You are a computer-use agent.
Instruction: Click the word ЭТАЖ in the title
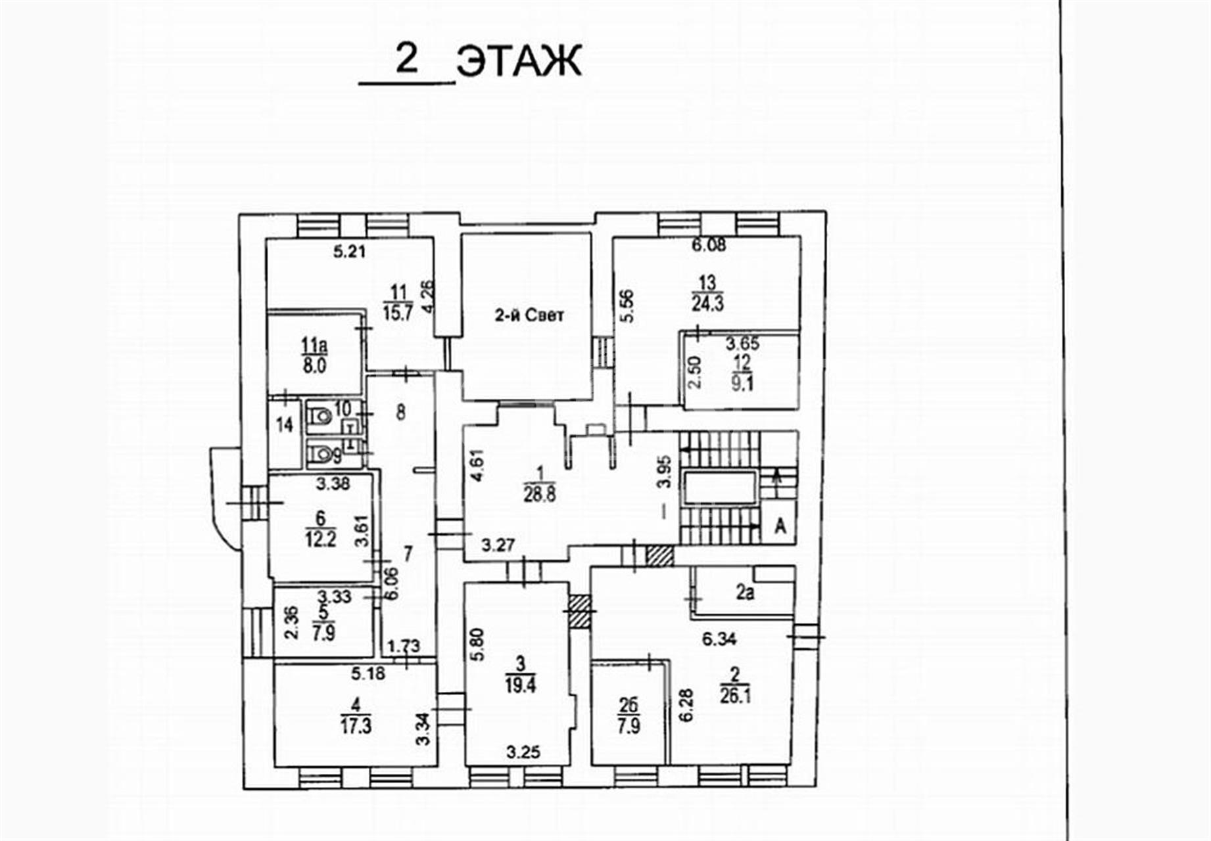[x=519, y=61]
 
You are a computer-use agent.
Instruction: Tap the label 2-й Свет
[x=529, y=315]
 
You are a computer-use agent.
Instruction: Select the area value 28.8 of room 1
[x=540, y=494]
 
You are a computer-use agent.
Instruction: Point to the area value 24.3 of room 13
[x=707, y=303]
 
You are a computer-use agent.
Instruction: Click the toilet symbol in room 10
[x=319, y=416]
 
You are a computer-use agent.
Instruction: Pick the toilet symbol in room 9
[x=319, y=453]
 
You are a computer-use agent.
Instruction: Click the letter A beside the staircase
[x=780, y=526]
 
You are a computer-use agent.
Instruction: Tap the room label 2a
[x=745, y=594]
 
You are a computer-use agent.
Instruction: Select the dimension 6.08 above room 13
[x=709, y=246]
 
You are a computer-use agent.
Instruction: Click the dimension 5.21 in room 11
[x=350, y=251]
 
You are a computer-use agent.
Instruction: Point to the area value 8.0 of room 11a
[x=314, y=365]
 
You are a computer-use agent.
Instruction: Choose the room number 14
[x=285, y=425]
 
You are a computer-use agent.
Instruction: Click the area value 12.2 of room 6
[x=320, y=539]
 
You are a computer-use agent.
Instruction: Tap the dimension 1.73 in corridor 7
[x=404, y=646]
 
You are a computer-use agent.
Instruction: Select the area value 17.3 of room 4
[x=356, y=726]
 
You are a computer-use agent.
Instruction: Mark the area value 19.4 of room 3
[x=521, y=685]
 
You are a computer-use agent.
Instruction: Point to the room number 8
[x=401, y=413]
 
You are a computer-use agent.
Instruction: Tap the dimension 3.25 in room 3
[x=524, y=752]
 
